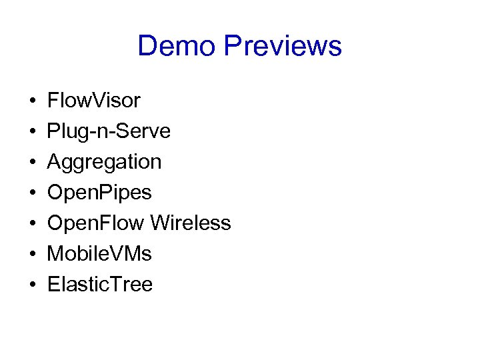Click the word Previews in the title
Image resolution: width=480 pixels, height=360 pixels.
click(x=283, y=46)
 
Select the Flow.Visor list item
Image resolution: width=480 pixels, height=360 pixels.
click(x=94, y=101)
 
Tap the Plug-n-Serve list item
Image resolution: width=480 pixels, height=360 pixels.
click(x=109, y=132)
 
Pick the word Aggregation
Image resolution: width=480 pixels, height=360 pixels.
click(x=104, y=162)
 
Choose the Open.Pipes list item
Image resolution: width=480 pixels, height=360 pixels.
click(x=99, y=193)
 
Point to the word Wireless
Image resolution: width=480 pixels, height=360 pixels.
click(x=191, y=223)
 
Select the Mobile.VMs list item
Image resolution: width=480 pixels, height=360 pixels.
click(x=99, y=254)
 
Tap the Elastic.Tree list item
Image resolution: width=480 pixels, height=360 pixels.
click(x=100, y=285)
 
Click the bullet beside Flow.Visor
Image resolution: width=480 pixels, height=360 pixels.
click(x=33, y=101)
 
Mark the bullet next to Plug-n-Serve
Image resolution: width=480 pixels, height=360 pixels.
click(x=33, y=132)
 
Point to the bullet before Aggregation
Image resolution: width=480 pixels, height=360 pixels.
click(x=33, y=163)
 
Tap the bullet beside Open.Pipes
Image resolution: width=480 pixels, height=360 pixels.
click(x=33, y=193)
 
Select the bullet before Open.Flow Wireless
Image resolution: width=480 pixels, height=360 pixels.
click(x=33, y=224)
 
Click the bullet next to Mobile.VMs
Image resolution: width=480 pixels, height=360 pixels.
click(x=33, y=255)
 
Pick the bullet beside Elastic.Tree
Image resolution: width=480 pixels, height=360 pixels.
click(x=33, y=285)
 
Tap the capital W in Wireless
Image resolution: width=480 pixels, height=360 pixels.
click(x=161, y=223)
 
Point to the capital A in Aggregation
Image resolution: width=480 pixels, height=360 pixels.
click(x=54, y=162)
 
